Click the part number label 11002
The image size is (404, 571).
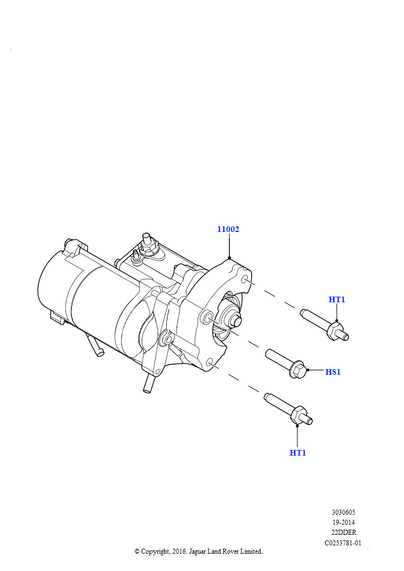tap(228, 229)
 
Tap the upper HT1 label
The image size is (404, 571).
tap(336, 299)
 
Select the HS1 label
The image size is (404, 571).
tap(333, 372)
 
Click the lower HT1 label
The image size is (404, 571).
tap(297, 453)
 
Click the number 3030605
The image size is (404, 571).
tap(344, 512)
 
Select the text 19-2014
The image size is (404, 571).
tap(344, 522)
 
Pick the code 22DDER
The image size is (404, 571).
tap(344, 533)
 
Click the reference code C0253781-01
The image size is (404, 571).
tap(343, 543)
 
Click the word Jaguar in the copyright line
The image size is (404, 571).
tap(197, 551)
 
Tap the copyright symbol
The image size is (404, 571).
tap(137, 551)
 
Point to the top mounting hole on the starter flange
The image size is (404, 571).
tap(244, 280)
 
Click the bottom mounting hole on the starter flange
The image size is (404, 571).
tap(209, 362)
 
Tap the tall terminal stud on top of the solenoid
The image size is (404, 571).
tap(147, 239)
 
